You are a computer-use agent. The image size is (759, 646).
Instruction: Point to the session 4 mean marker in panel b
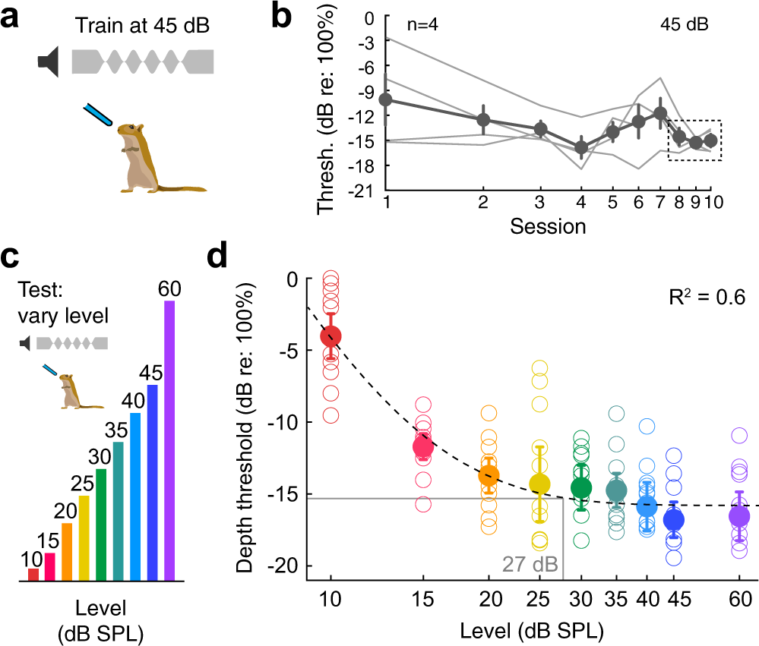(581, 148)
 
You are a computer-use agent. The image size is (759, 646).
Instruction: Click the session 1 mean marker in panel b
(386, 99)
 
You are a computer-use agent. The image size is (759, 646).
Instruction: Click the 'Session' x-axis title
(547, 225)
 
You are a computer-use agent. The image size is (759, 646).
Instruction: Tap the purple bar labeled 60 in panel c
(169, 441)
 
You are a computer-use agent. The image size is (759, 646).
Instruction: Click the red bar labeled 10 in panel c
(33, 575)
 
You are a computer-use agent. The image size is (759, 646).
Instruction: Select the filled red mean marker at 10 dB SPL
(330, 336)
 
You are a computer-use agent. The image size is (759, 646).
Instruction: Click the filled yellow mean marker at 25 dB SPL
(539, 484)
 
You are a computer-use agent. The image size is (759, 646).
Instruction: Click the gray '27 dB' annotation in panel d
(530, 565)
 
